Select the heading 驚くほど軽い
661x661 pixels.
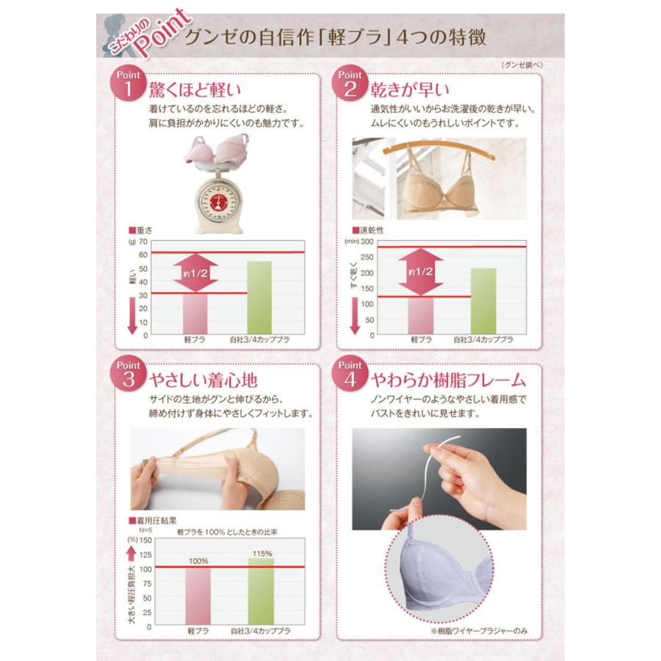[195, 90]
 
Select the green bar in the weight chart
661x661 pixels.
[259, 297]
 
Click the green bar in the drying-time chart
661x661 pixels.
[483, 300]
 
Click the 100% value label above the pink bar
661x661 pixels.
[198, 560]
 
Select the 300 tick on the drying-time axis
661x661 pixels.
[366, 242]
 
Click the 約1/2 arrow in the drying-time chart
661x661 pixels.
[420, 271]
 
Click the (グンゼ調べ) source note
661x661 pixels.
[522, 64]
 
